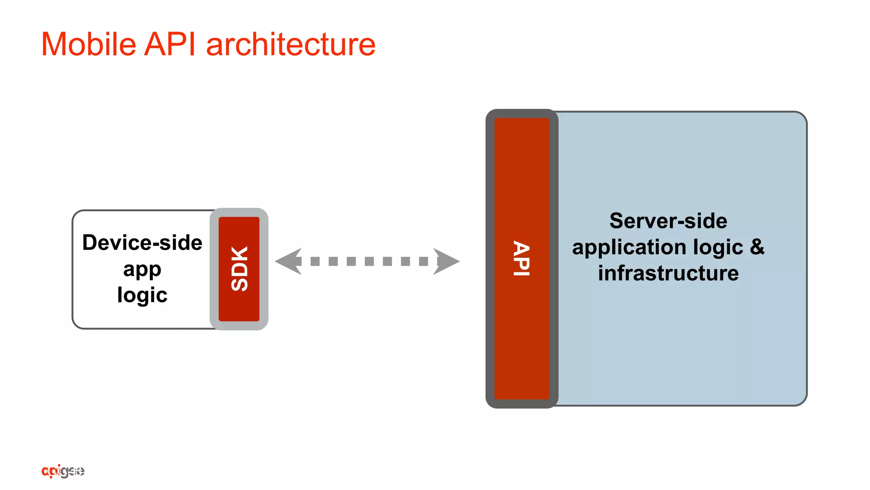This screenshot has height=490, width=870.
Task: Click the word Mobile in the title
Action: [x=88, y=44]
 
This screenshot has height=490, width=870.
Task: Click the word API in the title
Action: [x=170, y=44]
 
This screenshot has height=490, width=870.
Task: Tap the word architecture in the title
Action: [x=291, y=44]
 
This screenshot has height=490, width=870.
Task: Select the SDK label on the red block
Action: [x=239, y=269]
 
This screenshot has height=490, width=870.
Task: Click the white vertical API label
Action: [x=522, y=259]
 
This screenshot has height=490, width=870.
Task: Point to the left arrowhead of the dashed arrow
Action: [x=288, y=261]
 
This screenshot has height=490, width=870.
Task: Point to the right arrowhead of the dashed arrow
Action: [x=446, y=261]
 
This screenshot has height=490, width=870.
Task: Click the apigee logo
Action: [x=63, y=471]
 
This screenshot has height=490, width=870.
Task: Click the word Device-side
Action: [x=142, y=243]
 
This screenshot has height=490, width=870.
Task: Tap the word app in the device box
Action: [x=142, y=269]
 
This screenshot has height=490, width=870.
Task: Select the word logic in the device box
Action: [x=142, y=295]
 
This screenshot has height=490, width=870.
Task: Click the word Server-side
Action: [x=668, y=221]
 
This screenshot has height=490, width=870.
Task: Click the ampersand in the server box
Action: [x=757, y=247]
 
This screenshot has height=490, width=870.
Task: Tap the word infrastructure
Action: [x=668, y=273]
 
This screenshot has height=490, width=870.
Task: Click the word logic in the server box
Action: [x=718, y=247]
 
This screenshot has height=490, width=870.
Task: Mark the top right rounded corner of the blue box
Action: [x=801, y=117]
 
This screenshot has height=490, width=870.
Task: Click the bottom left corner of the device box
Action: [x=76, y=325]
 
